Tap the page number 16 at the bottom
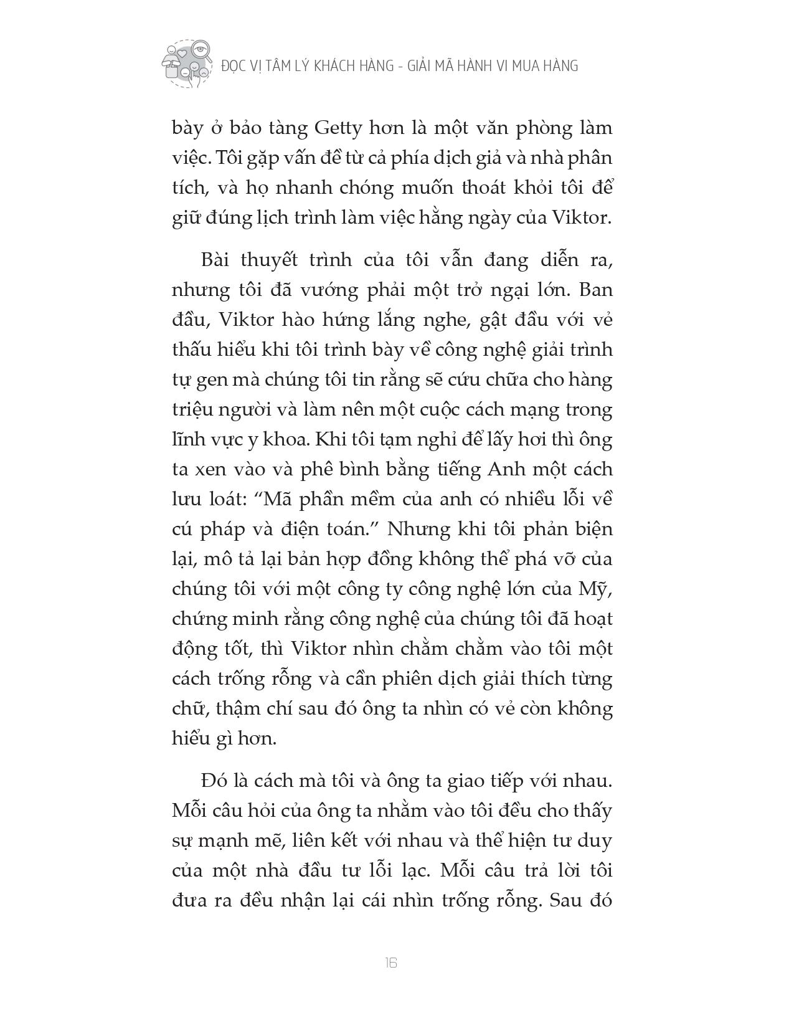(x=391, y=963)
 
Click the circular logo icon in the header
(x=186, y=64)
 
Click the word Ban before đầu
(x=596, y=290)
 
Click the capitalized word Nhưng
(x=417, y=529)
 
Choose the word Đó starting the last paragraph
(x=215, y=780)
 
